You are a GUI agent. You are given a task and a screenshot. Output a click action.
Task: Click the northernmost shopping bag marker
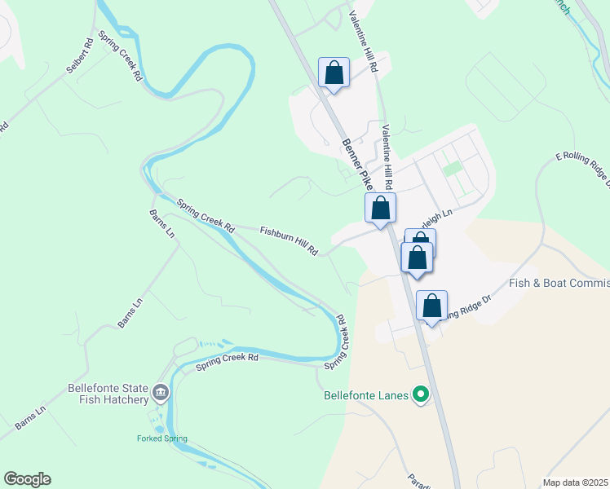click(334, 73)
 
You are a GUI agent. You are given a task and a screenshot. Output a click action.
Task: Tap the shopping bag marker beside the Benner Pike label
click(380, 209)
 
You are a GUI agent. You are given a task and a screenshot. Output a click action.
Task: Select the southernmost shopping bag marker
click(431, 306)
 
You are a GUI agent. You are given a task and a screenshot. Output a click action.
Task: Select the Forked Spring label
click(161, 438)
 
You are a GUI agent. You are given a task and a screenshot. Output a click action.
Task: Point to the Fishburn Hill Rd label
click(288, 241)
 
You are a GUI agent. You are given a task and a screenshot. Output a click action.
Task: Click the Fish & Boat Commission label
click(559, 283)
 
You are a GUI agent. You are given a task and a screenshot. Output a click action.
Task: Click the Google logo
click(27, 479)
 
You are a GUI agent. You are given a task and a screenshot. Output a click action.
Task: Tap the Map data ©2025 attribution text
click(576, 482)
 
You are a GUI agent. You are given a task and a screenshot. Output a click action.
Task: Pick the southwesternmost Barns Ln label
click(31, 415)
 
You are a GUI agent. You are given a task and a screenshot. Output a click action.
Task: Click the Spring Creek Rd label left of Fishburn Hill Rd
click(206, 216)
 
